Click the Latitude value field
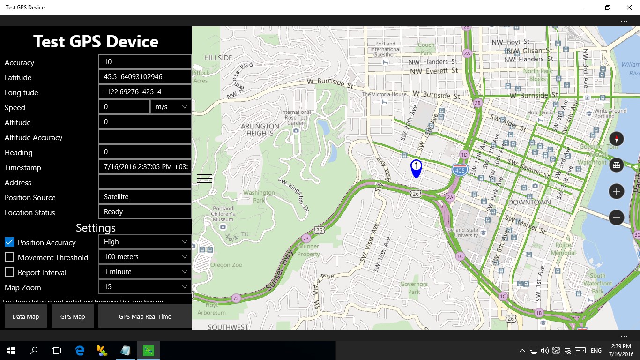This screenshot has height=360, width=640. pos(145,77)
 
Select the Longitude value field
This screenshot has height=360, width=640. pos(145,92)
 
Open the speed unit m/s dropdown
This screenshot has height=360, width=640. pos(171,107)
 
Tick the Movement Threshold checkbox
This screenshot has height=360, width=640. pos(9,257)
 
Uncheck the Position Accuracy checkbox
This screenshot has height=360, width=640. pos(9,242)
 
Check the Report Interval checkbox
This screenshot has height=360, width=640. pos(9,272)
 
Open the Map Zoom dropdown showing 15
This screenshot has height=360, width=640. pos(145,287)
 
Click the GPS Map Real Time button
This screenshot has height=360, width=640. pos(145,316)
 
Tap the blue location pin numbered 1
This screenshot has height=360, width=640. pos(416,168)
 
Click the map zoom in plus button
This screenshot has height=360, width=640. pos(616,191)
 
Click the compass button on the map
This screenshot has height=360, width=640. pos(616,139)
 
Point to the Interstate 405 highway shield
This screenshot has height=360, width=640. pos(460,170)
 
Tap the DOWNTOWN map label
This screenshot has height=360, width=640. pos(529,202)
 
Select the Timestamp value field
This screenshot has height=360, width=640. pos(145,167)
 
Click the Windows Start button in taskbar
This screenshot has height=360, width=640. pos(11,350)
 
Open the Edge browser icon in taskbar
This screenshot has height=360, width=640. pos(80,350)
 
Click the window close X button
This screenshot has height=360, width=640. pos(629,7)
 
